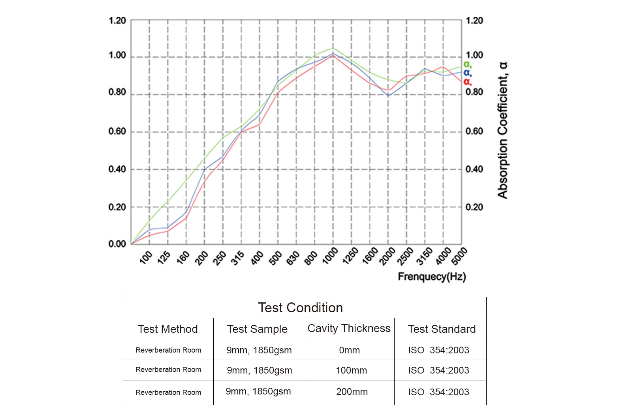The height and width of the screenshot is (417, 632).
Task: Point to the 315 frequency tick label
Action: (237, 258)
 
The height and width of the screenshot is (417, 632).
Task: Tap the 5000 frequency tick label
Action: (459, 256)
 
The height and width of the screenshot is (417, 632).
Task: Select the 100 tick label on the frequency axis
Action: (146, 257)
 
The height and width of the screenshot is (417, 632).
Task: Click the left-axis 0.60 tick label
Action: (117, 131)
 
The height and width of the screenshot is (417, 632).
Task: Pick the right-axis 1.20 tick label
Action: (474, 21)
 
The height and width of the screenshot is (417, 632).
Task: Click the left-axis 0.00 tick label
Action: (117, 244)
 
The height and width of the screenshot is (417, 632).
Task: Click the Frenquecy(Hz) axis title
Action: (432, 277)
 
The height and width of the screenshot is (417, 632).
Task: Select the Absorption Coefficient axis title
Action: (502, 130)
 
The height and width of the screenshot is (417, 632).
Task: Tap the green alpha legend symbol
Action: (467, 64)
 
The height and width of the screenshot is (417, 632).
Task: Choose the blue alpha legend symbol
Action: (467, 73)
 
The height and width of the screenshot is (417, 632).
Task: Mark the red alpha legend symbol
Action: (467, 82)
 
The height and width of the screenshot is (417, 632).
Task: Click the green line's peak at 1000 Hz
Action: (333, 49)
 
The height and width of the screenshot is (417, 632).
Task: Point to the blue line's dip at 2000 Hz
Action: (388, 96)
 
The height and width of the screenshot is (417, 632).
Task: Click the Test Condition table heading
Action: (300, 308)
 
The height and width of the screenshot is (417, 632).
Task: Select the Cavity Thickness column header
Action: (349, 328)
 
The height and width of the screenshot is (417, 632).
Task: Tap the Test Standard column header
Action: (442, 329)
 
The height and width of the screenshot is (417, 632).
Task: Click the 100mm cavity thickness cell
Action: (351, 370)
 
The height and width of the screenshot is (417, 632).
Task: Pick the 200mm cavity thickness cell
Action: (352, 392)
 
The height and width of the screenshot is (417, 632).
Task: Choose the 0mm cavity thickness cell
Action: (349, 350)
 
